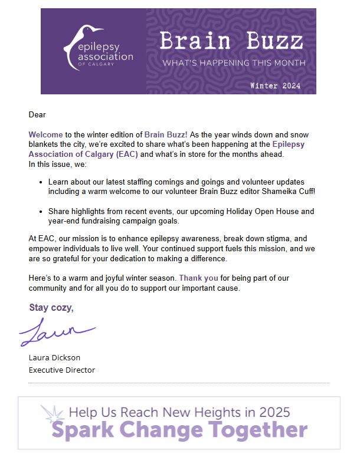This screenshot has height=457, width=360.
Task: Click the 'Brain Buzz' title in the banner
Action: click(231, 41)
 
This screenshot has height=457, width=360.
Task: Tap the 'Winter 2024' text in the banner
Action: click(275, 86)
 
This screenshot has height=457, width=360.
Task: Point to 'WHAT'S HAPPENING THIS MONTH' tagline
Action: click(234, 63)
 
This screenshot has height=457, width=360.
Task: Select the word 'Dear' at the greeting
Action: click(37, 115)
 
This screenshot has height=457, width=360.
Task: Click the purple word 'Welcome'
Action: click(45, 135)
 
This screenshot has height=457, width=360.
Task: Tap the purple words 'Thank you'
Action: click(198, 278)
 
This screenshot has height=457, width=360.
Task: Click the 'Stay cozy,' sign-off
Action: click(52, 308)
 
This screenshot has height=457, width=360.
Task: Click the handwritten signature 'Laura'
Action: click(56, 332)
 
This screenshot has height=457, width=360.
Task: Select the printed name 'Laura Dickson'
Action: click(54, 357)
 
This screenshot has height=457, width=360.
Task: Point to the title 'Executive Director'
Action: click(62, 370)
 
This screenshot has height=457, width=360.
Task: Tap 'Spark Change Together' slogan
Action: click(179, 430)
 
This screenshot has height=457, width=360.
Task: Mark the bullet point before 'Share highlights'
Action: click(40, 212)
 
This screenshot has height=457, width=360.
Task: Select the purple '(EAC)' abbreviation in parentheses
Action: click(127, 154)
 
